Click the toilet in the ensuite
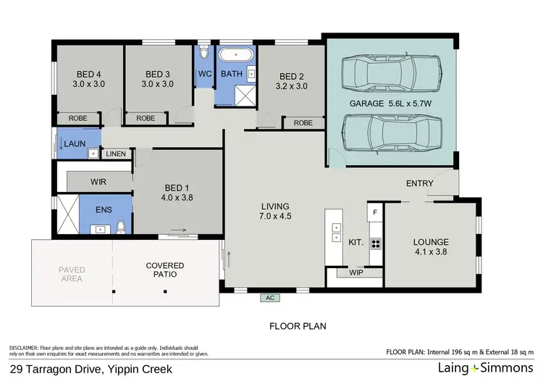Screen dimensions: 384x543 click(122, 228)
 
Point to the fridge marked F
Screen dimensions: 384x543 click(374, 212)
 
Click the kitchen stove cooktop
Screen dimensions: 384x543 click(375, 243)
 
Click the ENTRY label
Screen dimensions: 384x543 click(420, 183)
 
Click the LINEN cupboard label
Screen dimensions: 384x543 click(117, 154)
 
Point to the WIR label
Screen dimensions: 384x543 click(99, 181)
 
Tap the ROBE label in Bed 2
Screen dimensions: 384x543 click(303, 123)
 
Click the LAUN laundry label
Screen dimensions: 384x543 click(75, 144)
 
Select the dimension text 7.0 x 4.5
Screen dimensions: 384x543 click(275, 215)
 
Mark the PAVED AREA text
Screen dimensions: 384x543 click(72, 275)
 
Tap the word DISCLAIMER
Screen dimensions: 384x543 click(25, 347)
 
